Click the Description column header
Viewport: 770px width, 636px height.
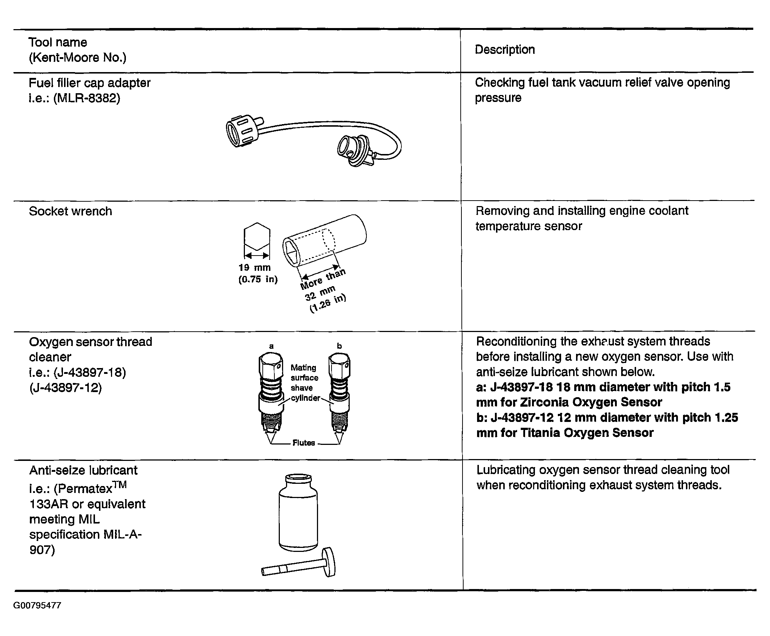(x=505, y=50)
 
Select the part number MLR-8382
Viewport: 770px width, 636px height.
(x=87, y=98)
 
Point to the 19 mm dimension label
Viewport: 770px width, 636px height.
(x=254, y=268)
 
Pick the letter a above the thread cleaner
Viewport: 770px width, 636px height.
(x=271, y=346)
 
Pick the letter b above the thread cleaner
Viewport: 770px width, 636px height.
(x=339, y=346)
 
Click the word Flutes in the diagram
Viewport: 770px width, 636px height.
(x=303, y=443)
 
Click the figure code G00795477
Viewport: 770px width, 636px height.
(x=37, y=605)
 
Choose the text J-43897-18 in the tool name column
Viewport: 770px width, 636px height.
(x=90, y=372)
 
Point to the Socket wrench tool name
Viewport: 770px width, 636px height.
(x=70, y=212)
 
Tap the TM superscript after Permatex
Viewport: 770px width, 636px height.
(x=120, y=485)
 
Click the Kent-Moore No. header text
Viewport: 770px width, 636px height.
(x=78, y=58)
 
